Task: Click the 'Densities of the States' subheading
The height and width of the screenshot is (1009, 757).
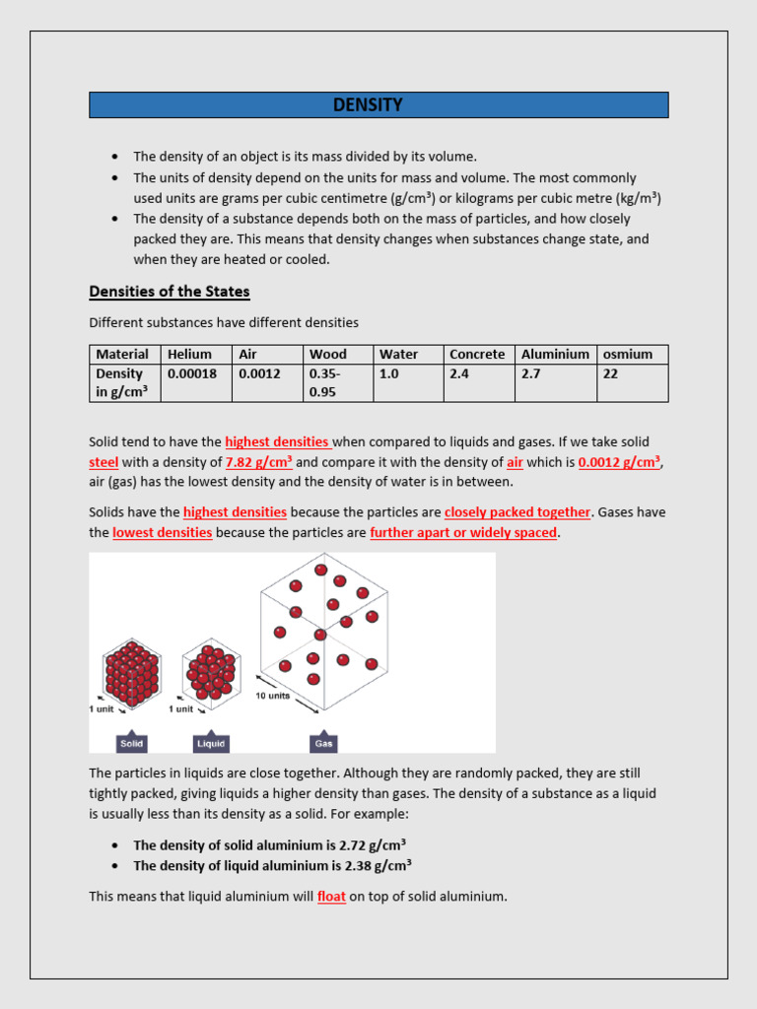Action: tap(170, 292)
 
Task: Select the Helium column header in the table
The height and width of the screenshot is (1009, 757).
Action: tap(189, 355)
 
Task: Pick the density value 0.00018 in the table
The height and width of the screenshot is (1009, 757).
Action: tap(192, 374)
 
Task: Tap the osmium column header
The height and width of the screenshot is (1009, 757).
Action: tap(627, 355)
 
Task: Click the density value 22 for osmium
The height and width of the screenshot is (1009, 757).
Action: tap(610, 374)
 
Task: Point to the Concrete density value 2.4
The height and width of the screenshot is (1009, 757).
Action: tap(459, 374)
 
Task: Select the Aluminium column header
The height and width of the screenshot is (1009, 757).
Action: tap(555, 355)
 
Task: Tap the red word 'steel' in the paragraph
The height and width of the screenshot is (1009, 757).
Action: tap(103, 462)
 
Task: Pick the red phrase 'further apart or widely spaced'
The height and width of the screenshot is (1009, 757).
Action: tap(463, 533)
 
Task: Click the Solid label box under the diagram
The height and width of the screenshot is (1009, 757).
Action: tap(132, 744)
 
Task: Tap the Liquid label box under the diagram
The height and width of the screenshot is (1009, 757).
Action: tap(211, 744)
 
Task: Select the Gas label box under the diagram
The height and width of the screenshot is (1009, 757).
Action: tap(322, 744)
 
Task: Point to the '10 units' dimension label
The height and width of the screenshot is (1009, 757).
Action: tap(273, 696)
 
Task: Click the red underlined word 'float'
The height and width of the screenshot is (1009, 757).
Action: tap(331, 898)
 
